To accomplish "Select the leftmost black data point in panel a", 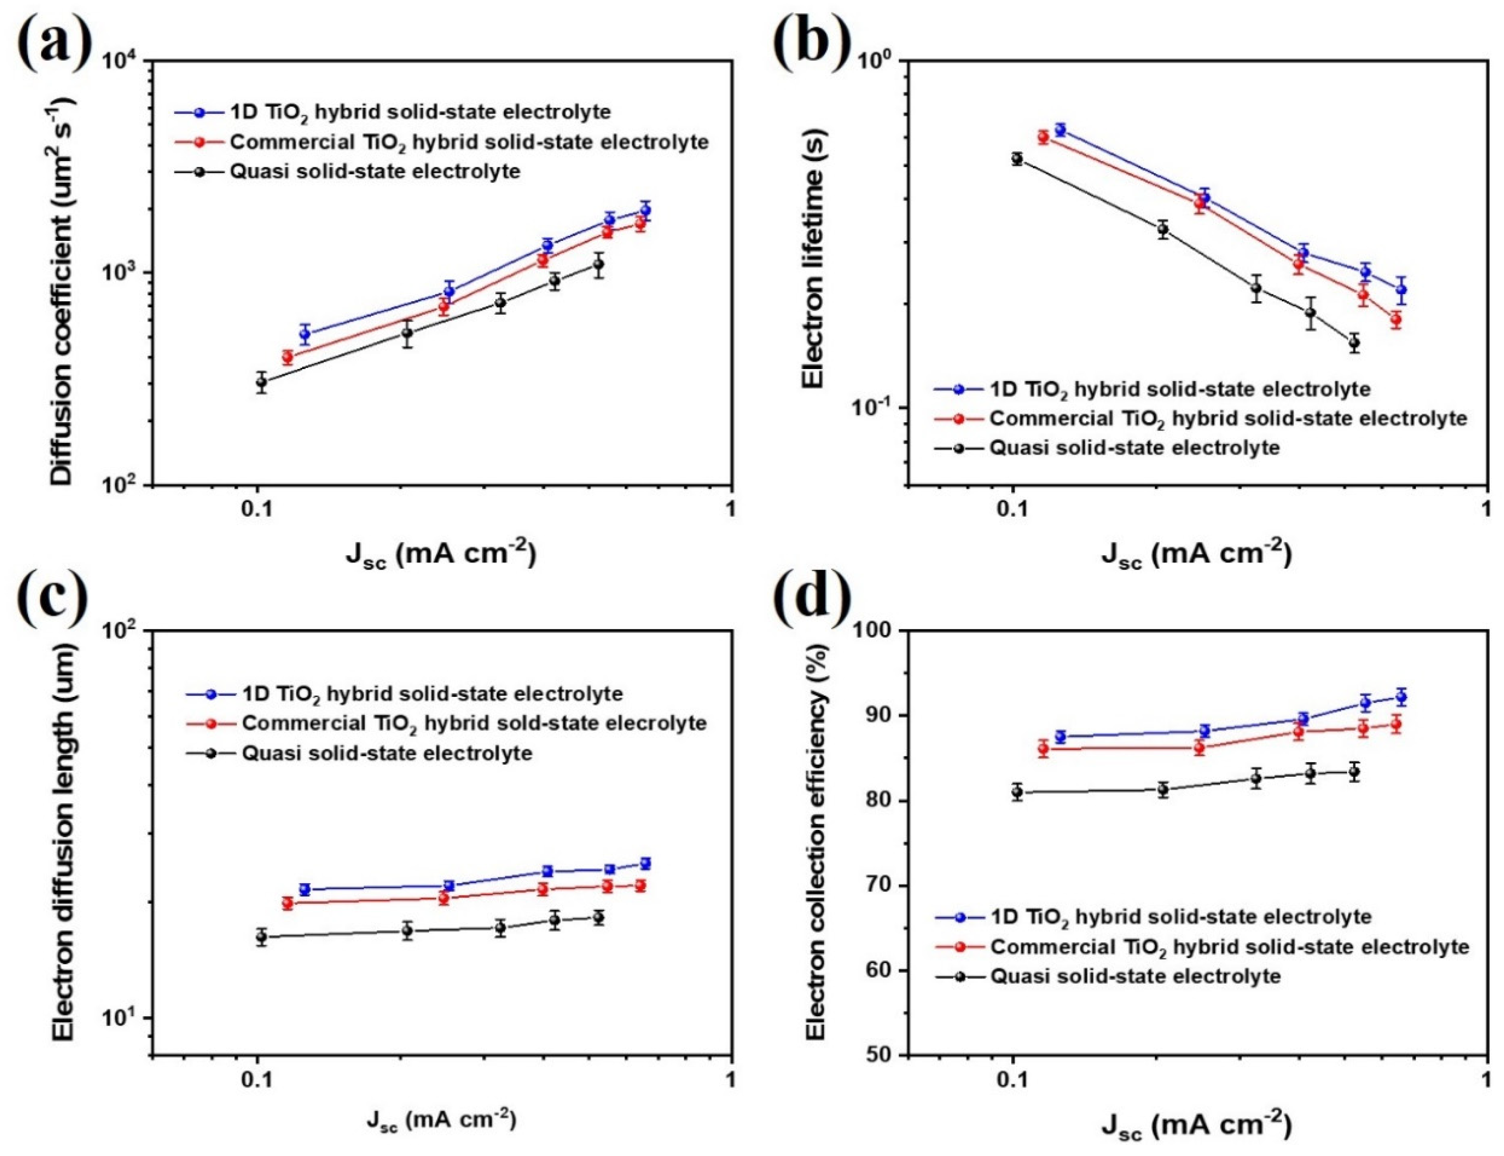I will click(x=261, y=382).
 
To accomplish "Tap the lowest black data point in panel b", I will click(x=1355, y=342).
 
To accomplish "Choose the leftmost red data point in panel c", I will click(x=287, y=903).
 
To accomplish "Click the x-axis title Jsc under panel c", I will click(x=440, y=1120).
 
